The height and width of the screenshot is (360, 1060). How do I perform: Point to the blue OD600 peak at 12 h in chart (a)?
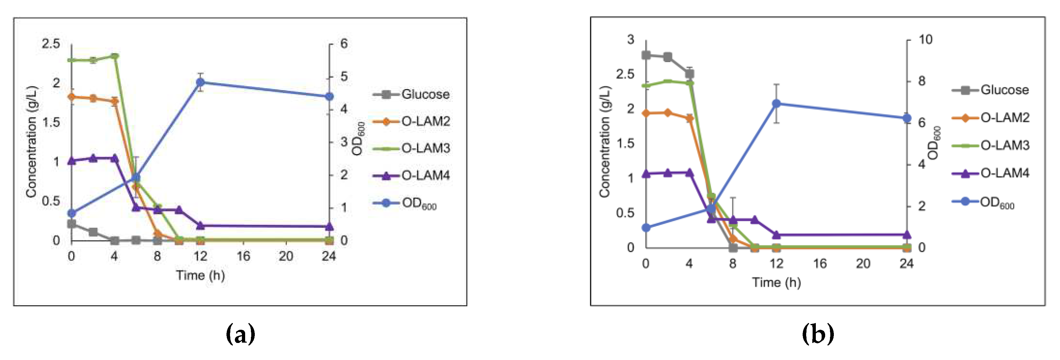click(x=200, y=82)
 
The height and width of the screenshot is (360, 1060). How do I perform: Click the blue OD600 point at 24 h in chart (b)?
click(x=907, y=118)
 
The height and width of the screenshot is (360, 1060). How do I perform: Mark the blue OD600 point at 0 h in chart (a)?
click(x=72, y=213)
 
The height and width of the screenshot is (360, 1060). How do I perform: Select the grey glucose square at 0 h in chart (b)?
click(x=646, y=55)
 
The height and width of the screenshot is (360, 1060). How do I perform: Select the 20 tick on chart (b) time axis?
click(x=863, y=263)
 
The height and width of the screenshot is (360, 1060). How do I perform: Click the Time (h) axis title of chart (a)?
click(x=200, y=275)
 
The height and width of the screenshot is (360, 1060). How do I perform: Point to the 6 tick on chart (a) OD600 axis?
click(x=344, y=44)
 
